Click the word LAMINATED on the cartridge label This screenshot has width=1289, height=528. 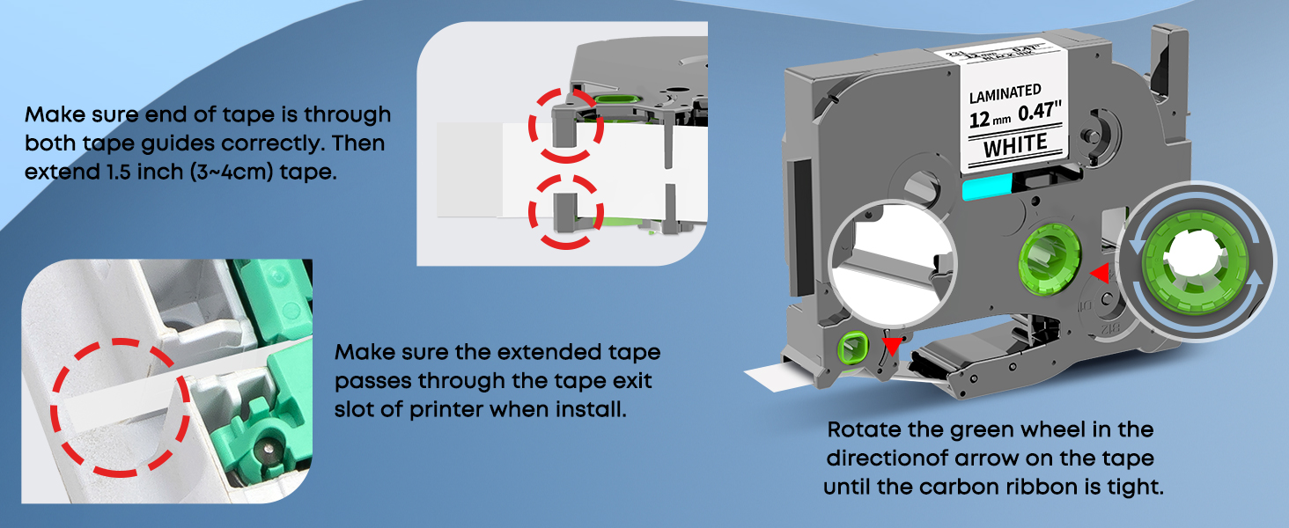tap(1004, 91)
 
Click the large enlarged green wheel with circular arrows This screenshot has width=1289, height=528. tap(1193, 261)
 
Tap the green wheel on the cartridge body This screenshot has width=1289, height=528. tap(1048, 261)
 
